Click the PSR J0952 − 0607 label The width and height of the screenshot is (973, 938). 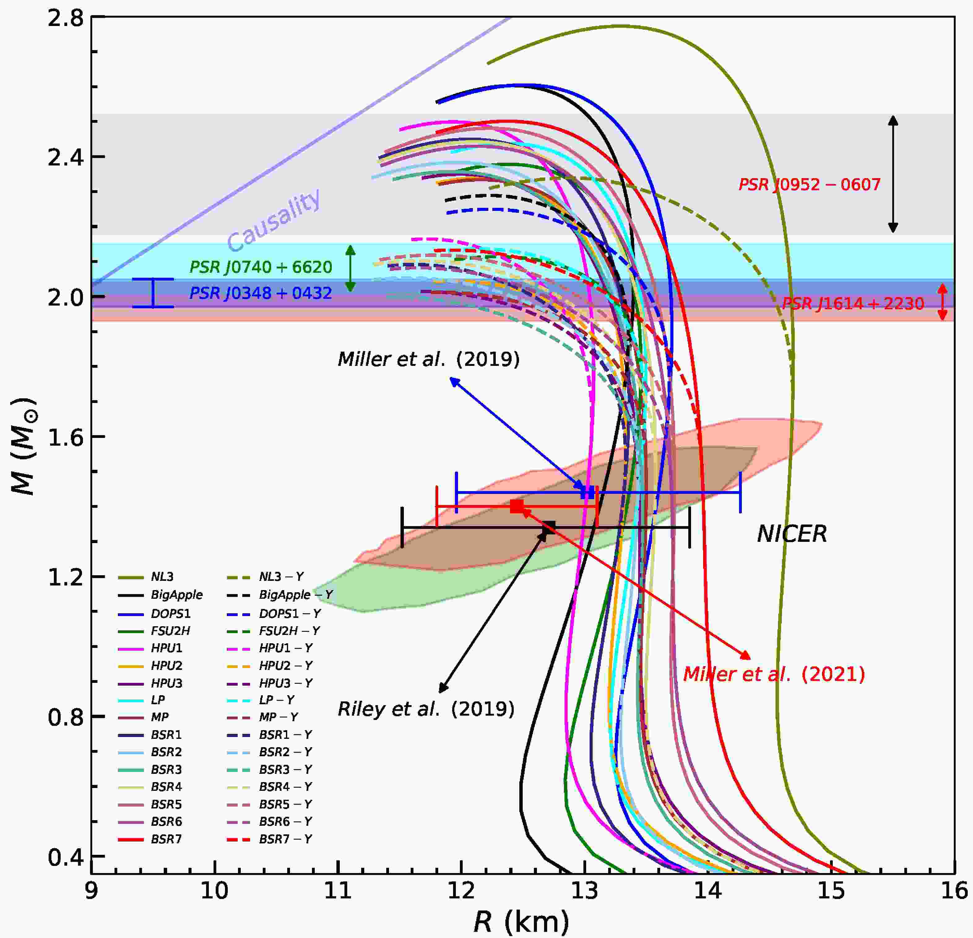pyautogui.click(x=809, y=185)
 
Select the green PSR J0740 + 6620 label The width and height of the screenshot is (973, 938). pyautogui.click(x=261, y=268)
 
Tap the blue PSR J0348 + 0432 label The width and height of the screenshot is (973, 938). pyautogui.click(x=261, y=293)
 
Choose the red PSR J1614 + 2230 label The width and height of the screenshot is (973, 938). pyautogui.click(x=853, y=304)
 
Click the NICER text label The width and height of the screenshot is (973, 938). pyautogui.click(x=792, y=534)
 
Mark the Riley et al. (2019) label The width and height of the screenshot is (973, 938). pyautogui.click(x=426, y=709)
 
